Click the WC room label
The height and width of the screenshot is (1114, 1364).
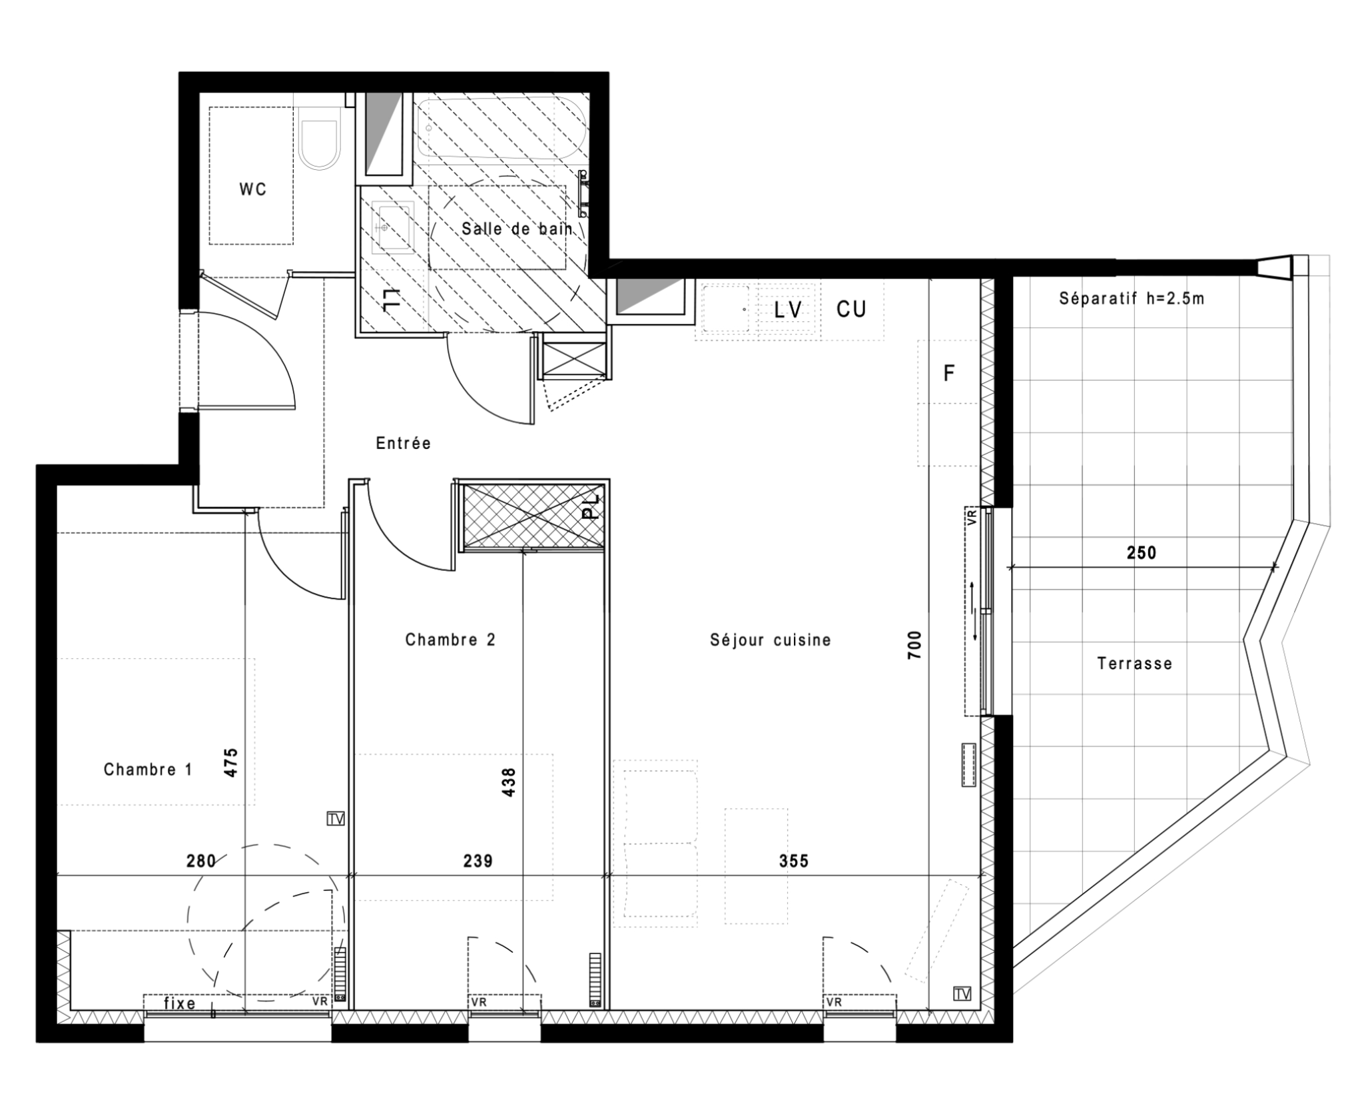point(253,190)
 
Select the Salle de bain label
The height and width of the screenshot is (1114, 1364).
point(517,229)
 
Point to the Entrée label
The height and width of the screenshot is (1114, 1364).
point(404,443)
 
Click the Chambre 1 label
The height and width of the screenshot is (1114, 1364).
point(148,770)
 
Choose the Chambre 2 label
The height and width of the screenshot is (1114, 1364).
point(450,640)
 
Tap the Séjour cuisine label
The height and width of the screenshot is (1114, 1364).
point(771,640)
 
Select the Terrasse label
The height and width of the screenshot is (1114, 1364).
point(1135,664)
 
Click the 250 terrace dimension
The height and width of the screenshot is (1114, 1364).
point(1142,553)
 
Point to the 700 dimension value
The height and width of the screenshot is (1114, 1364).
point(914,645)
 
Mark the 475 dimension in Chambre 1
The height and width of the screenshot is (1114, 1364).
point(230,763)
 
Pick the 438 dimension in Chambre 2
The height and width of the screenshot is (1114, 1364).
point(508,783)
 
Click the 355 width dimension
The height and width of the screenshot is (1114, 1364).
point(794,861)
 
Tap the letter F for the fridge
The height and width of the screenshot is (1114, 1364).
point(949,373)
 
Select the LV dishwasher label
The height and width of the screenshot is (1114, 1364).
point(789,310)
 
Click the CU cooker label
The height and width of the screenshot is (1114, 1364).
point(851,309)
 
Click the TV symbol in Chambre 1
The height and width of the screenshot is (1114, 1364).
point(336,819)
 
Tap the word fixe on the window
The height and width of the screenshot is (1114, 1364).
point(180,1003)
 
